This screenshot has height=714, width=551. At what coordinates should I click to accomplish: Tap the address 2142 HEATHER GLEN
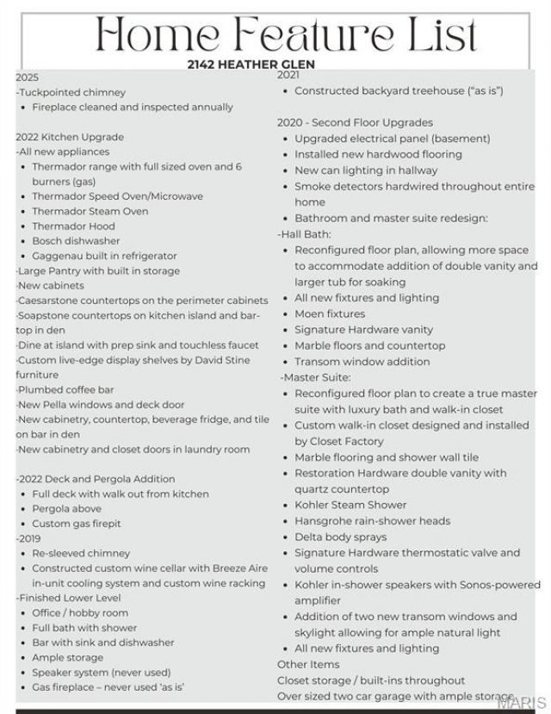point(251,65)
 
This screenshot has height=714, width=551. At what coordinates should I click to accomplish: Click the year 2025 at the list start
point(27,78)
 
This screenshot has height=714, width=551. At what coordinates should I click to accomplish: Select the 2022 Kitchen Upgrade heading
point(70,137)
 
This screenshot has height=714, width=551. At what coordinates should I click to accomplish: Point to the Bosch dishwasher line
point(76,241)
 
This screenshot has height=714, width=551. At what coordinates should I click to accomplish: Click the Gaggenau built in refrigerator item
point(104,256)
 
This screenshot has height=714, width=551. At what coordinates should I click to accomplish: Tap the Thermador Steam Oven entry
point(90,211)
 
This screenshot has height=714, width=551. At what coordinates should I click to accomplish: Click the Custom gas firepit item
point(76,524)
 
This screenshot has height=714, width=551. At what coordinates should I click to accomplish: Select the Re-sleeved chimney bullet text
point(81,553)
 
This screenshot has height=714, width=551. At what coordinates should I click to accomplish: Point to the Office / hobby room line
point(80,612)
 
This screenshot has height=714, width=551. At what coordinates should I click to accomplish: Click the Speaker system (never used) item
point(101,672)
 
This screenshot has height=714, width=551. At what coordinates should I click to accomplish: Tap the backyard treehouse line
point(399,90)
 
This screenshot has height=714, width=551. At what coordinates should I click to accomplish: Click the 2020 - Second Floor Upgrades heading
point(355,122)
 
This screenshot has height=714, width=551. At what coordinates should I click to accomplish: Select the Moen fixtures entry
point(330,314)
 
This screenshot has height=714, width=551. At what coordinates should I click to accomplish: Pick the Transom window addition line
point(362,362)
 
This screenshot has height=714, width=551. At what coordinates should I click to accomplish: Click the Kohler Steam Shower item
point(351,505)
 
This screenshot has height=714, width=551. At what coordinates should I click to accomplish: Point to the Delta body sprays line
point(340,537)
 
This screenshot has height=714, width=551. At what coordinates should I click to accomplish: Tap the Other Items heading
point(308,664)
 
